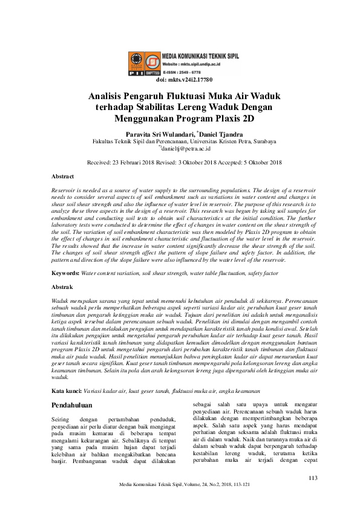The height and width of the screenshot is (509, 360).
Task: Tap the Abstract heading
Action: pyautogui.click(x=63, y=177)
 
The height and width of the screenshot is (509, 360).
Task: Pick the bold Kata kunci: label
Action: pyautogui.click(x=67, y=375)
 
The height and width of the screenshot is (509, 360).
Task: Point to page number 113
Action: pyautogui.click(x=313, y=478)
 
